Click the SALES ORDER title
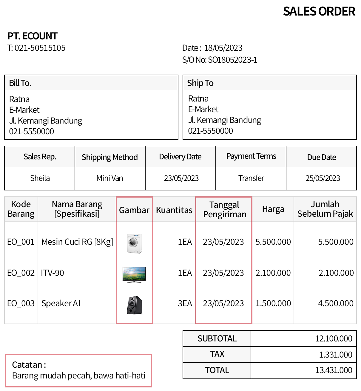pyautogui.click(x=319, y=12)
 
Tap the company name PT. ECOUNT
pyautogui.click(x=32, y=36)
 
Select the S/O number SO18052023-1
pyautogui.click(x=232, y=60)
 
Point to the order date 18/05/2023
pyautogui.click(x=223, y=48)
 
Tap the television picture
pyautogui.click(x=134, y=274)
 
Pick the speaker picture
pyautogui.click(x=134, y=305)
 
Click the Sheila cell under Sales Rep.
pyautogui.click(x=40, y=178)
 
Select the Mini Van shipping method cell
pyautogui.click(x=109, y=178)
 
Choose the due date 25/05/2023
pyautogui.click(x=323, y=178)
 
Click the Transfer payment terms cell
pyautogui.click(x=251, y=178)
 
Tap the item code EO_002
pyautogui.click(x=21, y=273)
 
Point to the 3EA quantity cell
pyautogui.click(x=185, y=303)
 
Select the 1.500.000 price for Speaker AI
pyautogui.click(x=273, y=303)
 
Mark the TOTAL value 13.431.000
pyautogui.click(x=334, y=370)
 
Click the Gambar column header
pyautogui.click(x=134, y=210)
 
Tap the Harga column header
pyautogui.click(x=273, y=209)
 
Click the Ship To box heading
pyautogui.click(x=200, y=83)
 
